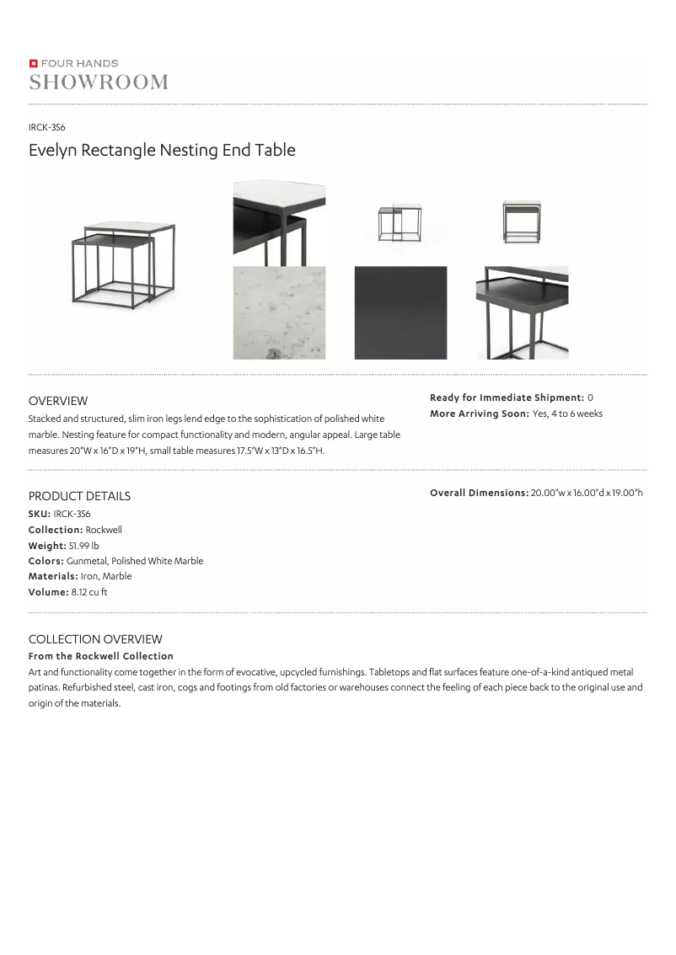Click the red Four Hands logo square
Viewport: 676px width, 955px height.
point(33,63)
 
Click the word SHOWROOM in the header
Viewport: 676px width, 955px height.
point(99,83)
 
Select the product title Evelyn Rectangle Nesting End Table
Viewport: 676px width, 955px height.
point(162,151)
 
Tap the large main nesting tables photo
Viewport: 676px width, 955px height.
point(122,263)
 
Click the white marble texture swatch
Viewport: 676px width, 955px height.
point(279,312)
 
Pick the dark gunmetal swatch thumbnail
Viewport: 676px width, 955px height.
point(400,312)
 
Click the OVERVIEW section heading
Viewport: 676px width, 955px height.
point(58,401)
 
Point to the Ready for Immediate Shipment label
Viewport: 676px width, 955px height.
point(507,397)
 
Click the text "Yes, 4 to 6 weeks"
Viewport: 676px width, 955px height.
point(567,413)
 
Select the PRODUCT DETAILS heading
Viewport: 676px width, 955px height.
point(79,496)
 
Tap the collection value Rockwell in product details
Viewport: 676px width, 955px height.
point(104,530)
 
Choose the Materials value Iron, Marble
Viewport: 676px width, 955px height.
point(106,577)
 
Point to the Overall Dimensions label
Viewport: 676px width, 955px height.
point(479,493)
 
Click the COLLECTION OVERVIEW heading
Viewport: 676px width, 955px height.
point(95,639)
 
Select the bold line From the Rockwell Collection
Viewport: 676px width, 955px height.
point(101,656)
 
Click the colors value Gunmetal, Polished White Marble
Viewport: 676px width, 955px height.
point(135,561)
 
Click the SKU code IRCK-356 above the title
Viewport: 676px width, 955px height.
point(47,128)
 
